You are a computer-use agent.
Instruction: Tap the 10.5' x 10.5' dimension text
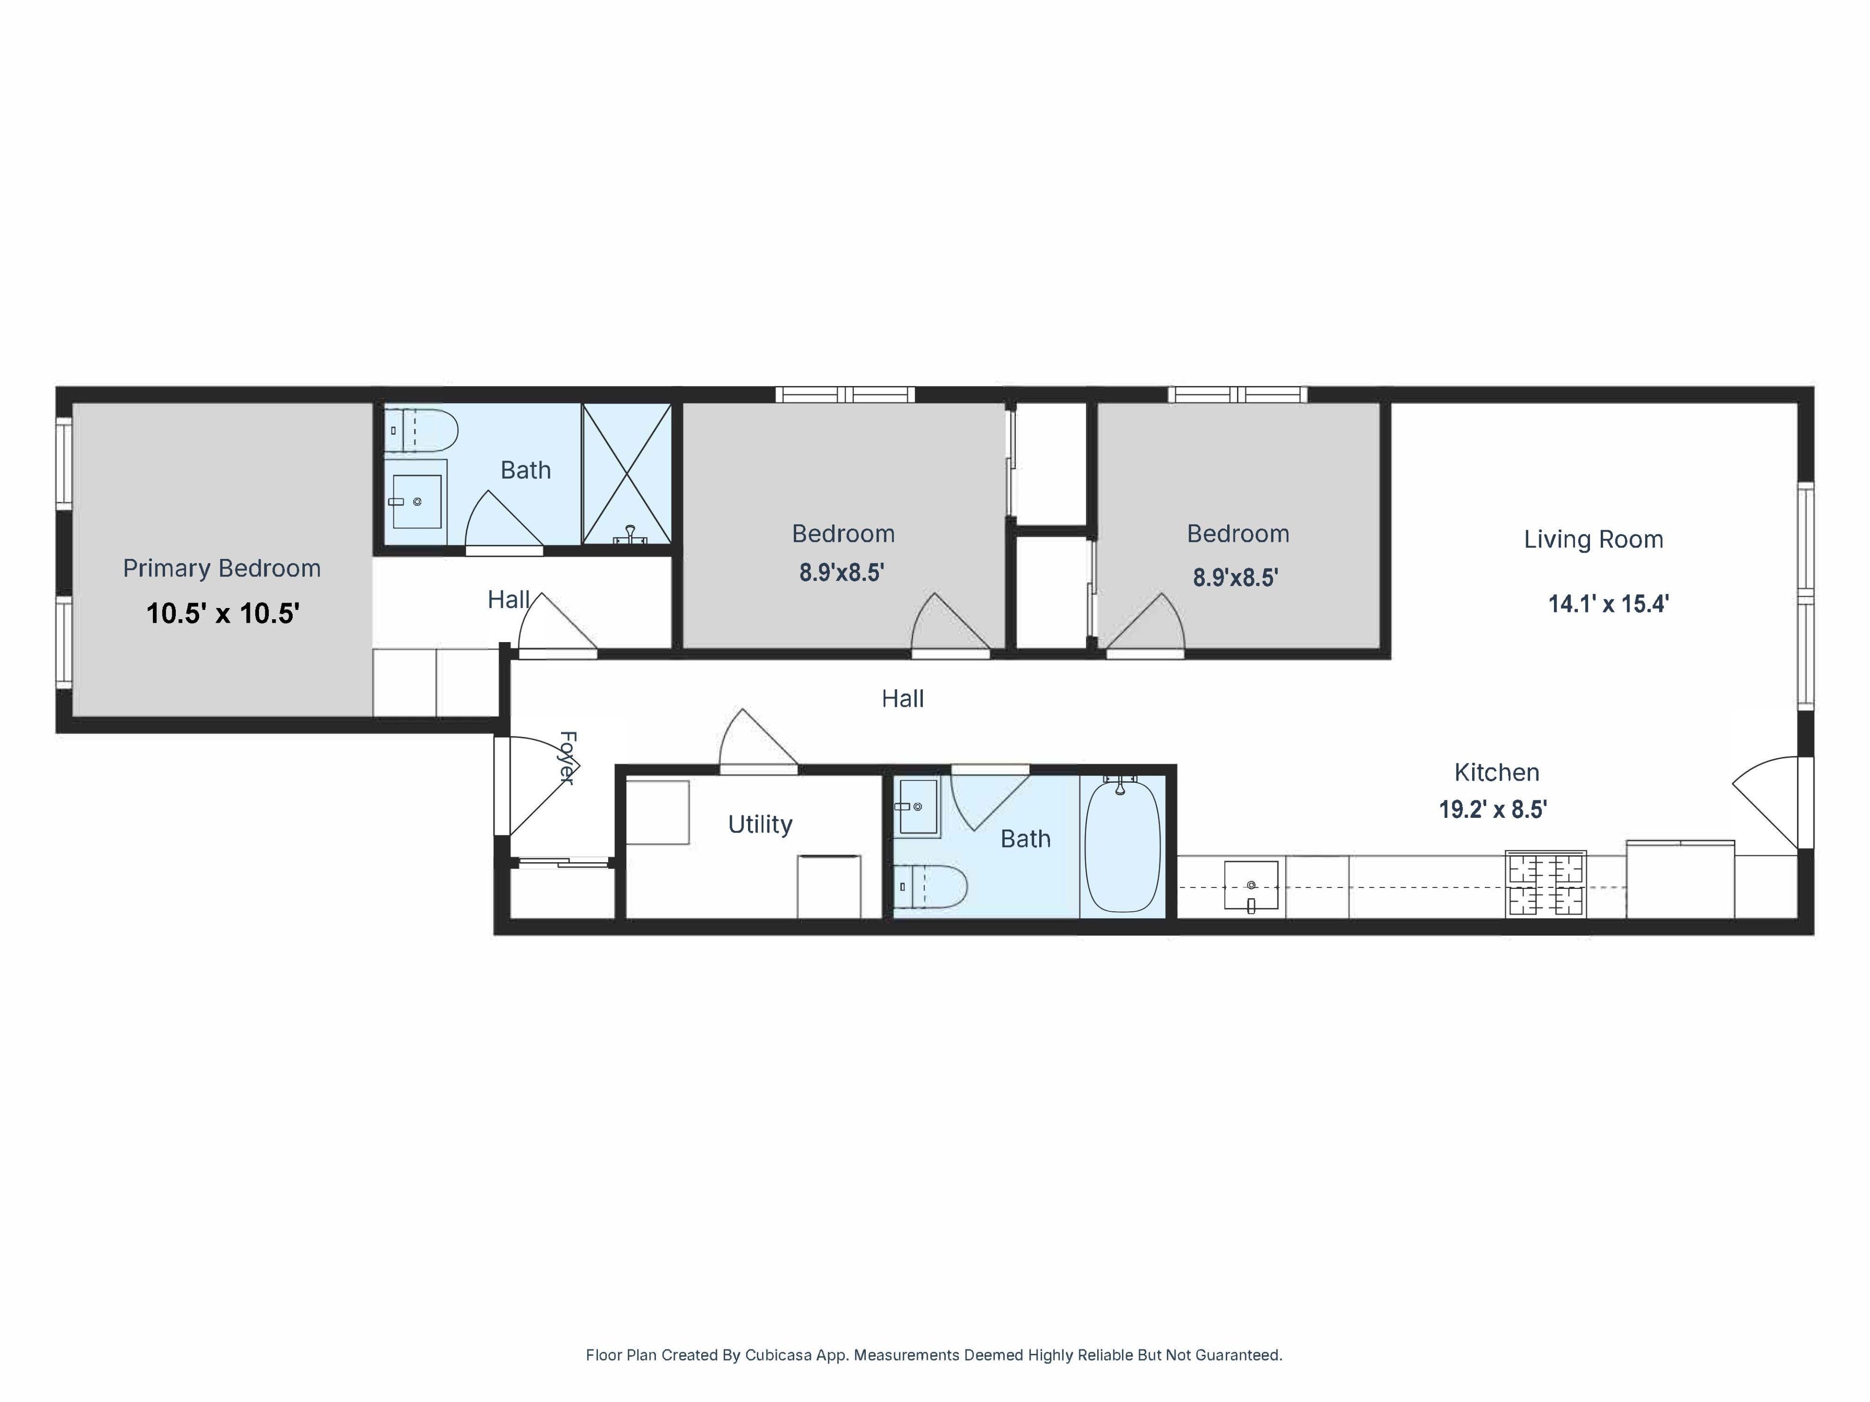coord(223,613)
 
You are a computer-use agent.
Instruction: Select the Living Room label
coord(1593,539)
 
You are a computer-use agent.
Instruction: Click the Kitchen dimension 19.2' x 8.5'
coord(1493,810)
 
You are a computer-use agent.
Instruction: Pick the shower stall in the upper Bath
coord(626,474)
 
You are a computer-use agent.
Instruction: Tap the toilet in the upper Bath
coord(421,431)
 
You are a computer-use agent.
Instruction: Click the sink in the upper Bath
coord(416,502)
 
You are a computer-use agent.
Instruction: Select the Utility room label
coord(760,825)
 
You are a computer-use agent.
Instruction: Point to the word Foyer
coord(568,758)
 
